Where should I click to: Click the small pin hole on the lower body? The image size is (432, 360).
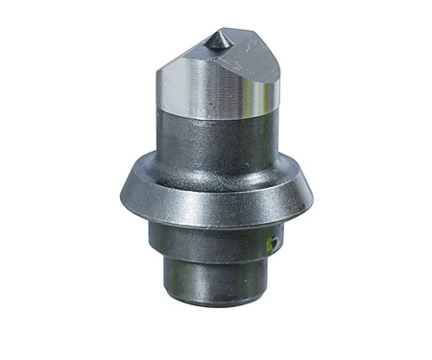click(273, 244)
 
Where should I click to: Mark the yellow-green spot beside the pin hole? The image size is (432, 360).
click(268, 248)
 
